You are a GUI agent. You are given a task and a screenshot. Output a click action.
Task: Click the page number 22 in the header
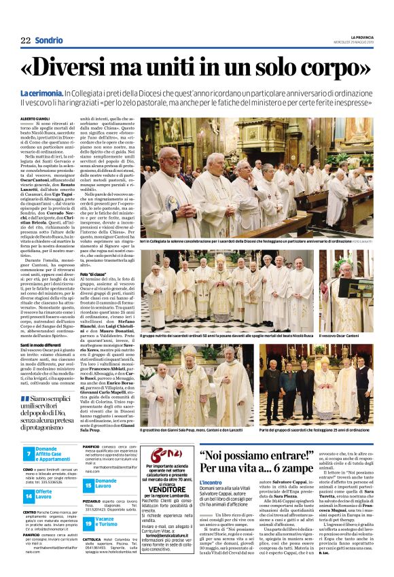(24, 40)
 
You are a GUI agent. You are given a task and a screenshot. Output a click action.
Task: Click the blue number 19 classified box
(88, 523)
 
